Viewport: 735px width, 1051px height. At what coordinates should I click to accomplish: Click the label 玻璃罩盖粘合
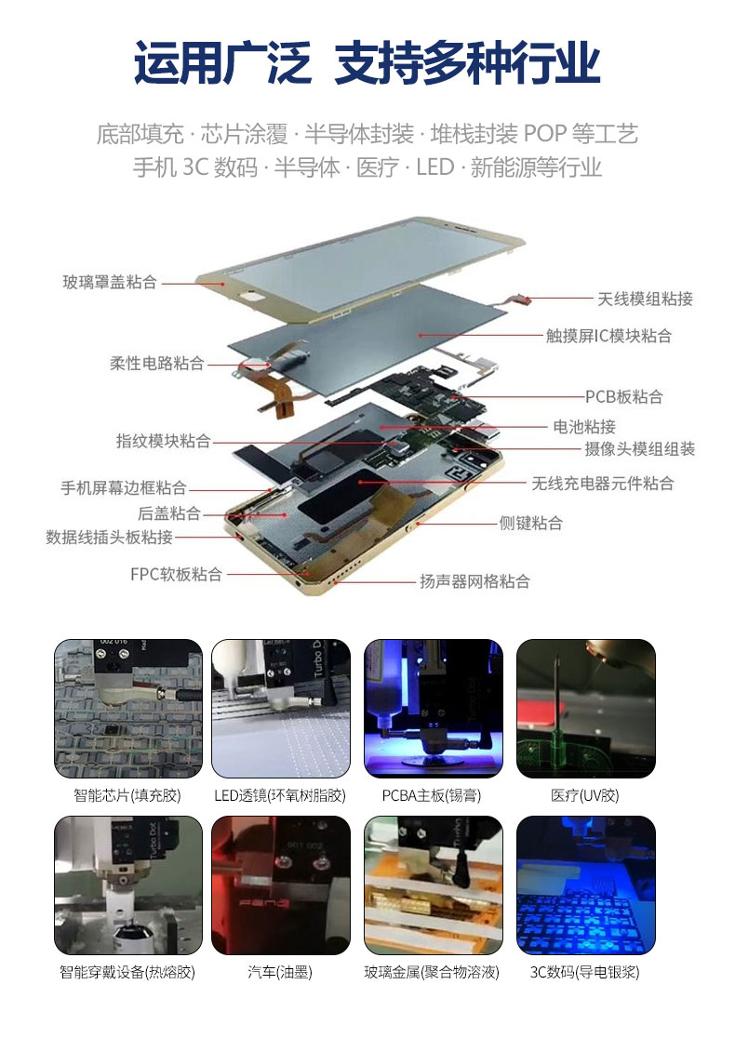(109, 282)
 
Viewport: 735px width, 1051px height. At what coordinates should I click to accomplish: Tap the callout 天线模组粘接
(645, 299)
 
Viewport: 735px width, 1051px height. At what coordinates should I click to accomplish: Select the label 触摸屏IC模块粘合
(608, 336)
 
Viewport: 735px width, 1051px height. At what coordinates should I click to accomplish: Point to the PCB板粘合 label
(623, 397)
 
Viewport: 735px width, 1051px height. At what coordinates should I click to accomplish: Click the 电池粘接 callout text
(584, 427)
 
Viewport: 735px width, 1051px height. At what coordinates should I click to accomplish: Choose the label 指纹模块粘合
(164, 440)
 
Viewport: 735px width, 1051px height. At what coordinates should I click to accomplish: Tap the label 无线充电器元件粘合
(602, 484)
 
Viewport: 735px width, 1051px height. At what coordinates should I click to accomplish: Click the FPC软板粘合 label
(176, 575)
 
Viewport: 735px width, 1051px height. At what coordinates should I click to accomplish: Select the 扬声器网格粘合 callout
(474, 581)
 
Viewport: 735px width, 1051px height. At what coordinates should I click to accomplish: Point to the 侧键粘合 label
(530, 523)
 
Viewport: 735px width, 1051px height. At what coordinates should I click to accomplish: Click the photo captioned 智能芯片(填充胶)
(128, 708)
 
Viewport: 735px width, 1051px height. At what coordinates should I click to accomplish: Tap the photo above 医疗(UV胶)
(585, 708)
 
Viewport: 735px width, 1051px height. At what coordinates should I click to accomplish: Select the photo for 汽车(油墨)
(280, 885)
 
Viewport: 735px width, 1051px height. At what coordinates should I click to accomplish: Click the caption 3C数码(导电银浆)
(585, 972)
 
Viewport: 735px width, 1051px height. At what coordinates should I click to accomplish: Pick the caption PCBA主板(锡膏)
(432, 795)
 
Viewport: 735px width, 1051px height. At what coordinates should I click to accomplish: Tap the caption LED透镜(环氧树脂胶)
(280, 795)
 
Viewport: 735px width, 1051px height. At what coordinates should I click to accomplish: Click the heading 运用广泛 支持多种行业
(367, 62)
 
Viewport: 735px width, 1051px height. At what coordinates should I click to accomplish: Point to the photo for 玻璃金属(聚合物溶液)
(434, 885)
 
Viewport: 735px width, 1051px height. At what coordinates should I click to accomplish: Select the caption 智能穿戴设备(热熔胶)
(127, 972)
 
